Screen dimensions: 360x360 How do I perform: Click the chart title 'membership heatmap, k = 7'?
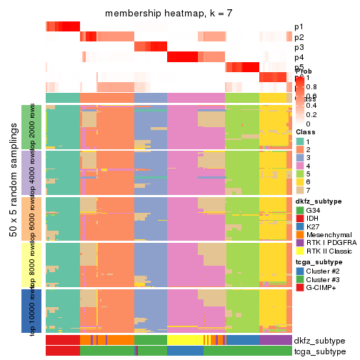coord(169,14)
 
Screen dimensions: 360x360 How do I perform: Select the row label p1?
coord(299,27)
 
